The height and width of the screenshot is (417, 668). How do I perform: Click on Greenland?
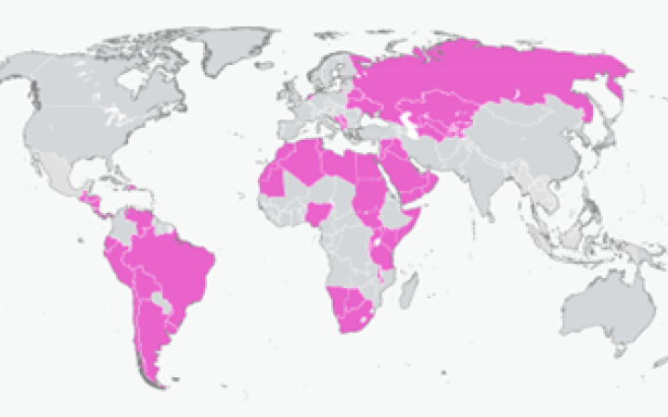pos(237,51)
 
